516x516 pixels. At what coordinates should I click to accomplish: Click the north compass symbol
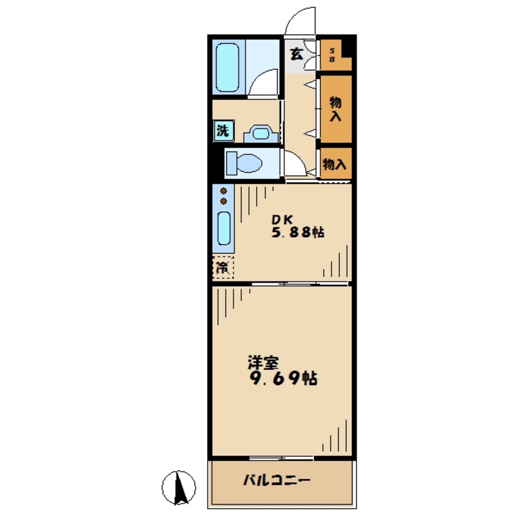pyautogui.click(x=179, y=487)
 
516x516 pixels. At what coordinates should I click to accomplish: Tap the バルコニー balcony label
pyautogui.click(x=276, y=480)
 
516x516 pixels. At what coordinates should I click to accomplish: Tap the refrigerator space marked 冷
pyautogui.click(x=223, y=267)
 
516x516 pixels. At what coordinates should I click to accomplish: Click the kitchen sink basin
pyautogui.click(x=224, y=228)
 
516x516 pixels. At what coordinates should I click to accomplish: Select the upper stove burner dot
pyautogui.click(x=223, y=191)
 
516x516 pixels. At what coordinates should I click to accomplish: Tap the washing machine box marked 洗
pyautogui.click(x=223, y=131)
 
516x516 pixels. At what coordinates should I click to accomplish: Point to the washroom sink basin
pyautogui.click(x=261, y=134)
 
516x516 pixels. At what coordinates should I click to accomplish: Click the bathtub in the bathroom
pyautogui.click(x=227, y=67)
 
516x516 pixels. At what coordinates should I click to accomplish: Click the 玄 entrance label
pyautogui.click(x=296, y=54)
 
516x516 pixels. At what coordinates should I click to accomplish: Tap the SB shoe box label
pyautogui.click(x=332, y=55)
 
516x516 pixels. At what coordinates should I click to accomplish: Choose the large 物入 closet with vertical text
pyautogui.click(x=336, y=109)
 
